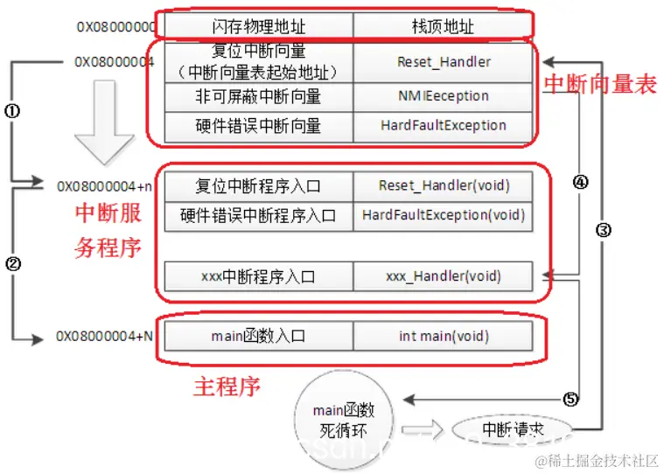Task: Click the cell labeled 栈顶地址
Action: (x=443, y=26)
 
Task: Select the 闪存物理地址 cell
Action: (x=258, y=26)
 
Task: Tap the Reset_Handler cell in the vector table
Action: (x=444, y=62)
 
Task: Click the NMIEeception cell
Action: (x=444, y=95)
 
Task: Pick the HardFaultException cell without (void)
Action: (x=444, y=125)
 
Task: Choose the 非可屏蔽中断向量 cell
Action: (x=258, y=95)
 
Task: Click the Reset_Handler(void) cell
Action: (x=444, y=185)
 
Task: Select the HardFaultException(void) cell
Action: (x=444, y=215)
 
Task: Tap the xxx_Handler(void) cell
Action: (x=444, y=276)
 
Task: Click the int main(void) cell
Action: (x=444, y=336)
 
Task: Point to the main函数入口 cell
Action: (x=258, y=336)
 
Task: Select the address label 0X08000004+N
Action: (x=104, y=336)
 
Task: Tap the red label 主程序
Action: (x=226, y=386)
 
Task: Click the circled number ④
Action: (x=579, y=182)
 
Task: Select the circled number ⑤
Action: (x=570, y=400)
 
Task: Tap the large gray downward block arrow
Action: (x=104, y=122)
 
